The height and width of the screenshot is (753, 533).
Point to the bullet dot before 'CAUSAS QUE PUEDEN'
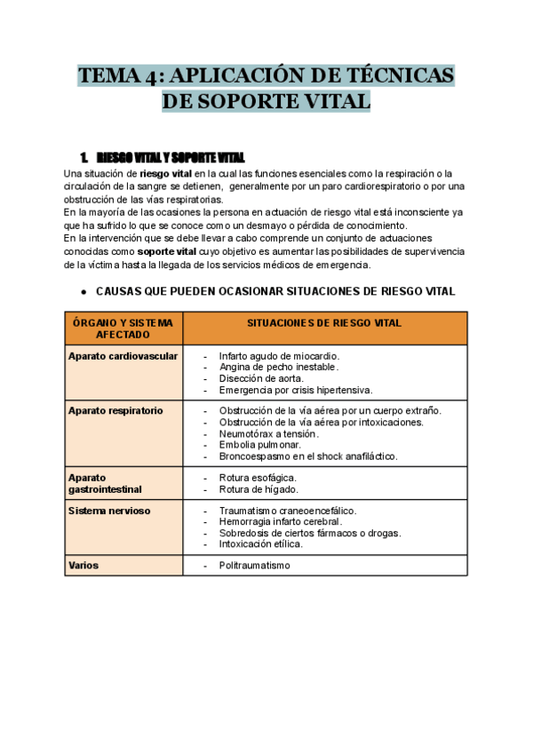click(x=82, y=291)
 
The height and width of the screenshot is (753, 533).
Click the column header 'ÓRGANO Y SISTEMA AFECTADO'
click(x=123, y=329)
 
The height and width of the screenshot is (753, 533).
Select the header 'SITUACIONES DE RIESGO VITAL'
click(x=324, y=323)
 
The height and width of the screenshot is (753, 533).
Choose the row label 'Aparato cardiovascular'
click(x=123, y=356)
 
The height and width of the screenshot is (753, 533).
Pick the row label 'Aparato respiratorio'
click(x=115, y=411)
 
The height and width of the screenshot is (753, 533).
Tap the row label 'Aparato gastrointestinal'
click(x=105, y=483)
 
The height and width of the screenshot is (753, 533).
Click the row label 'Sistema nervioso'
click(x=109, y=511)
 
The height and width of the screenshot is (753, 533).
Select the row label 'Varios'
click(x=84, y=565)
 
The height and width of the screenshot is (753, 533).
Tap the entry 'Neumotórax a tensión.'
click(x=268, y=433)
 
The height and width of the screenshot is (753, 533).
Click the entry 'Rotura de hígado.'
click(x=259, y=489)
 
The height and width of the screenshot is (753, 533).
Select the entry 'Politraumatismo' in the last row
click(x=254, y=566)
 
